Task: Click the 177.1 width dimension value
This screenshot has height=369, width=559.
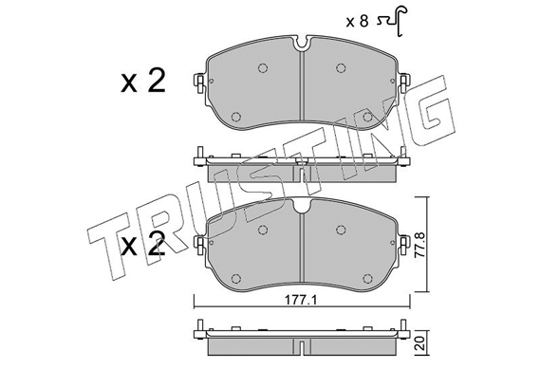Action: tap(301, 301)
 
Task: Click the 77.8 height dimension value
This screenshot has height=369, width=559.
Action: tap(421, 245)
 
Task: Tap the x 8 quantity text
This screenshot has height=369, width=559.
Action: tap(357, 22)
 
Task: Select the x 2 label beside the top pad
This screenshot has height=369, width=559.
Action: tap(143, 81)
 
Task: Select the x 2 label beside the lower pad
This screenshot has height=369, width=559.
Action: tap(143, 244)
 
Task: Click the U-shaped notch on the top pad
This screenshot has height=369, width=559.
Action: tap(302, 44)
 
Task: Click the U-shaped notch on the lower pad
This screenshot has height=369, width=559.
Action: tap(302, 206)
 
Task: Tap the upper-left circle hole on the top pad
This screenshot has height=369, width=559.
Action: tap(263, 67)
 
